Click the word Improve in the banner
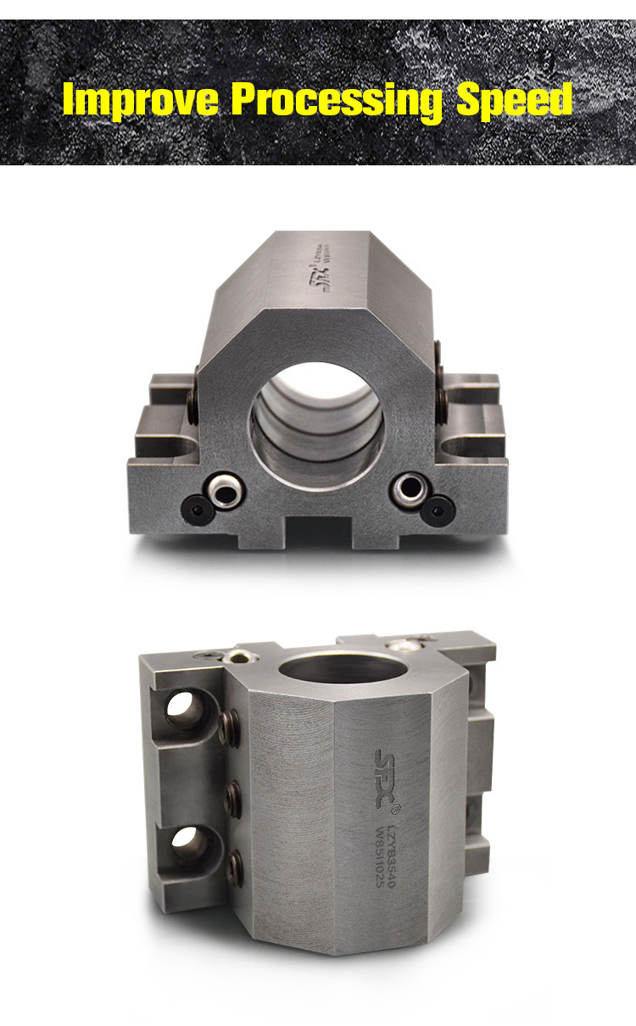coord(141,100)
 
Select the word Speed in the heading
coord(515,100)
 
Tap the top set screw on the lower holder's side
coord(228,725)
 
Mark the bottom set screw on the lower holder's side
coord(238,868)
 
